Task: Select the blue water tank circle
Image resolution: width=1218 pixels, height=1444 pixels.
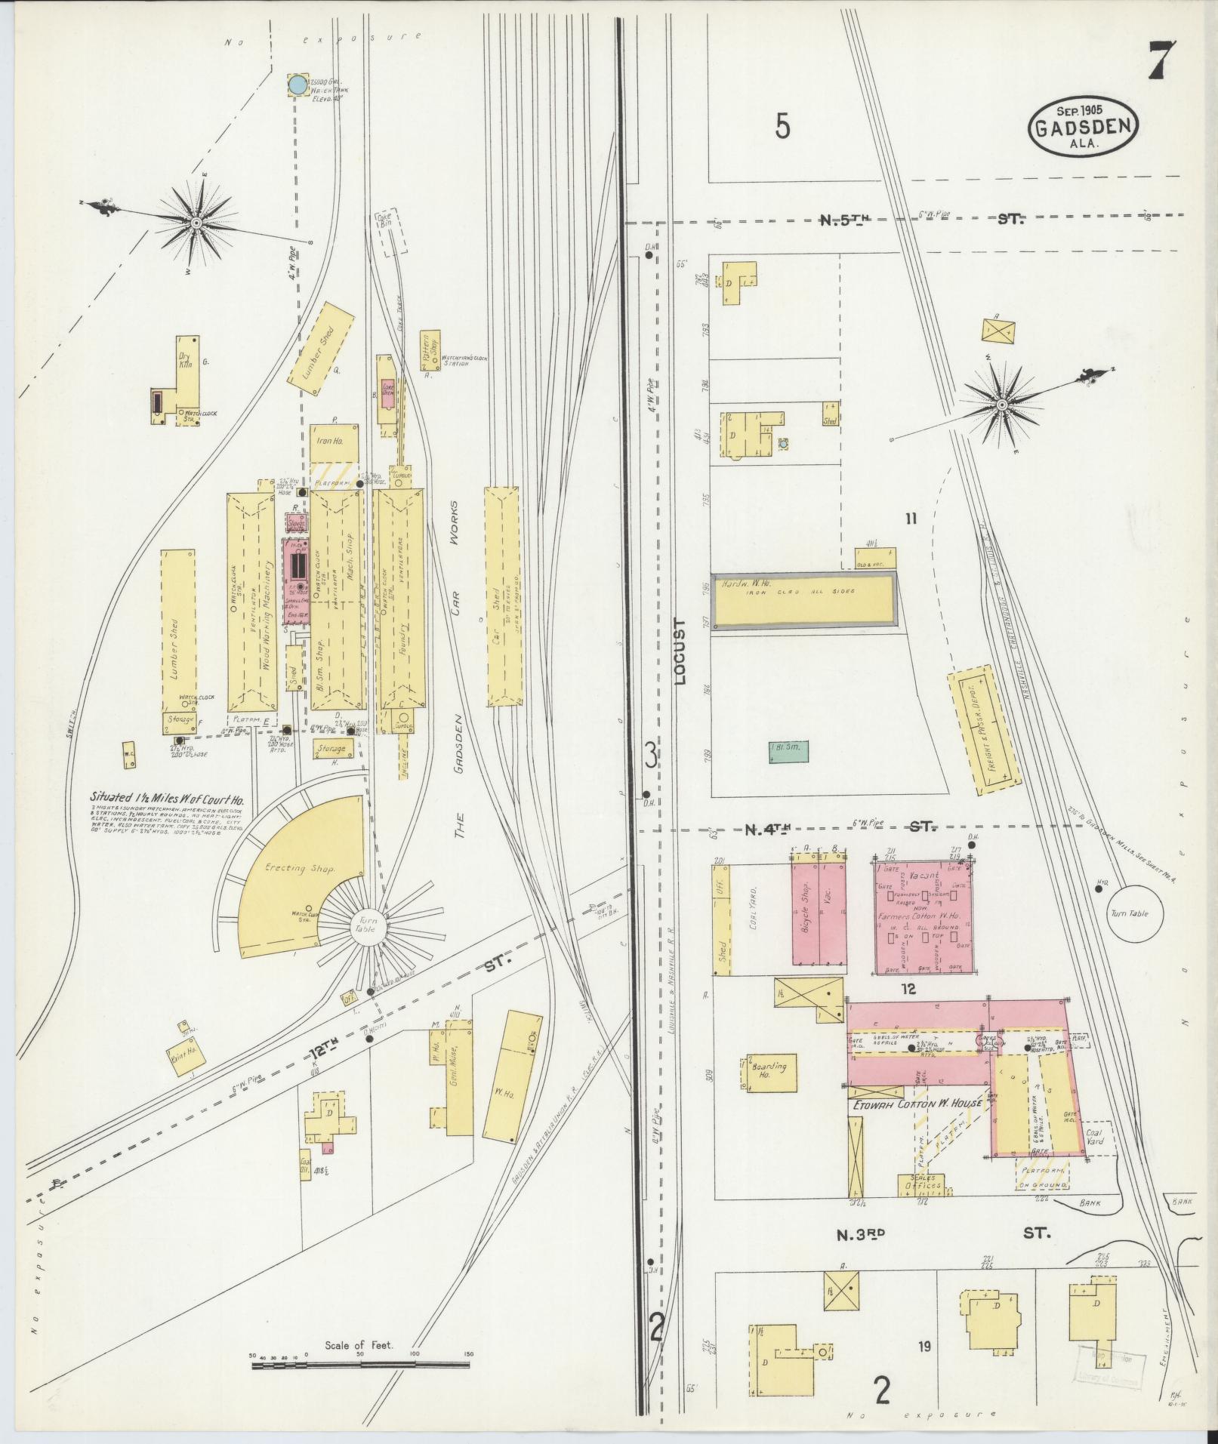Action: click(298, 85)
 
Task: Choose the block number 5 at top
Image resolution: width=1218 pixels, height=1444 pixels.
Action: click(783, 127)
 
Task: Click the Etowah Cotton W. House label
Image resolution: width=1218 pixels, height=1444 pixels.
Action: click(917, 1104)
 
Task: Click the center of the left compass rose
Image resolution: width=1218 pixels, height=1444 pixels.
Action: click(195, 223)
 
